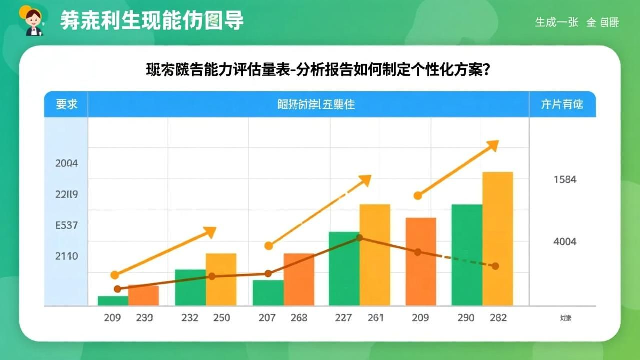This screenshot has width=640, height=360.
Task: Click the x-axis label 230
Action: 144,317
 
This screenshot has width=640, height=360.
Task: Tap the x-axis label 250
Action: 221,317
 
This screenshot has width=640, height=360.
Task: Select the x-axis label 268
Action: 298,317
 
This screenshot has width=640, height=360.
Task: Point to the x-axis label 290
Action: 465,317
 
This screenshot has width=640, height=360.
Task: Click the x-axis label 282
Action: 498,317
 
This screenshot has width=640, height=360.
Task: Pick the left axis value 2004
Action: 66,163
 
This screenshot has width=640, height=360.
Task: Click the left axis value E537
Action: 66,225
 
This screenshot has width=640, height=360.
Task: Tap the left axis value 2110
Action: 66,256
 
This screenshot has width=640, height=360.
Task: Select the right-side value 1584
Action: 565,179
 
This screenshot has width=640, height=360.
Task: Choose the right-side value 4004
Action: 565,242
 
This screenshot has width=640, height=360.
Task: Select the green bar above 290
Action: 467,255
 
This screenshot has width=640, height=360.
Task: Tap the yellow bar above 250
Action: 221,279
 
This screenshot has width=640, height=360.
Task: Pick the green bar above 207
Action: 268,293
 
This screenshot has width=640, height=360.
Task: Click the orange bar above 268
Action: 299,279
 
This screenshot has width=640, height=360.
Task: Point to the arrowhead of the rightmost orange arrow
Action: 493,145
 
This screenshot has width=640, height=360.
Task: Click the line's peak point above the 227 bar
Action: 359,238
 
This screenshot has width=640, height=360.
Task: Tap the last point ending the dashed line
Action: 495,266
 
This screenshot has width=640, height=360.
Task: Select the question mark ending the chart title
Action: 484,70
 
